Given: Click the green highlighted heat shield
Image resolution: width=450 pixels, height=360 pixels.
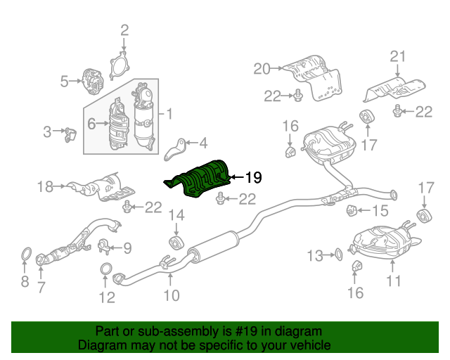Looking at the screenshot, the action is click(198, 179).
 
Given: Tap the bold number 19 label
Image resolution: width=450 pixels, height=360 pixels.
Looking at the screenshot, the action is click(253, 177).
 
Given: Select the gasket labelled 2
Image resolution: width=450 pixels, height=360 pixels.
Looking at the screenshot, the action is click(119, 65).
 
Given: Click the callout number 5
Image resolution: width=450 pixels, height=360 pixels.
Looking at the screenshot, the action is click(64, 82).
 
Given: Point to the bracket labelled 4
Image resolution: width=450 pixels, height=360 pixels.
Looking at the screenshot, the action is click(175, 150).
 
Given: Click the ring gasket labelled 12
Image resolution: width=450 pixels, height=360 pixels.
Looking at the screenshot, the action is click(106, 269).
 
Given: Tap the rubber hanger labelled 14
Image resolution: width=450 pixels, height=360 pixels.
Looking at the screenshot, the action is click(176, 243).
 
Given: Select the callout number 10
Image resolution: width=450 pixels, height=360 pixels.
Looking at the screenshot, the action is click(172, 295).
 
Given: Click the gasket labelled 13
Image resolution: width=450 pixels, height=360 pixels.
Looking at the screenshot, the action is click(338, 255).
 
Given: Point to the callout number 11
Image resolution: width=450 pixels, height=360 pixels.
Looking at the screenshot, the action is click(393, 281).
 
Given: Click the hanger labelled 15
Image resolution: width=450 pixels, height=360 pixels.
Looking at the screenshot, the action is click(352, 210).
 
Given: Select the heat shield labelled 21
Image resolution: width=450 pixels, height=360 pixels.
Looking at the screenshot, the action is click(394, 89).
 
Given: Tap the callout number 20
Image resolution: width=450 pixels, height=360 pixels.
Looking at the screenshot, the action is click(262, 69).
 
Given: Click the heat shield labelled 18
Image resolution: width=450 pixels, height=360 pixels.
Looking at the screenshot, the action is click(101, 187).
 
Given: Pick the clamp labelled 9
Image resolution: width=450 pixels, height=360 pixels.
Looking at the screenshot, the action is click(105, 246).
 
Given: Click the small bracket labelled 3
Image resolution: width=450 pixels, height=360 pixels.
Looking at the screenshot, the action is click(70, 134).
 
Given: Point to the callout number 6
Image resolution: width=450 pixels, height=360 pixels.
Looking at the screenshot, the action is click(91, 124).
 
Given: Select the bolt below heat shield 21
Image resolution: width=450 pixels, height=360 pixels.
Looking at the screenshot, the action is click(397, 111).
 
